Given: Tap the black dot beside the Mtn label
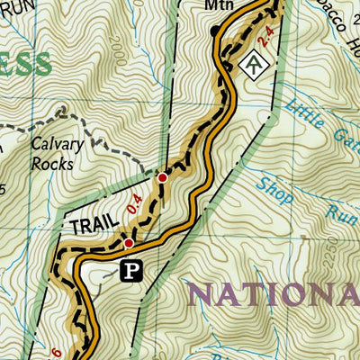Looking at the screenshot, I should (214, 31).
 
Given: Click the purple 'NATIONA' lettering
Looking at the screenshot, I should (274, 294).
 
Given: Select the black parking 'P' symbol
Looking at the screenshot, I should (132, 268).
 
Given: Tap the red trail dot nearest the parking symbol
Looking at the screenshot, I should (129, 243).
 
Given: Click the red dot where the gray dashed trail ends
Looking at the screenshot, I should (162, 178).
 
